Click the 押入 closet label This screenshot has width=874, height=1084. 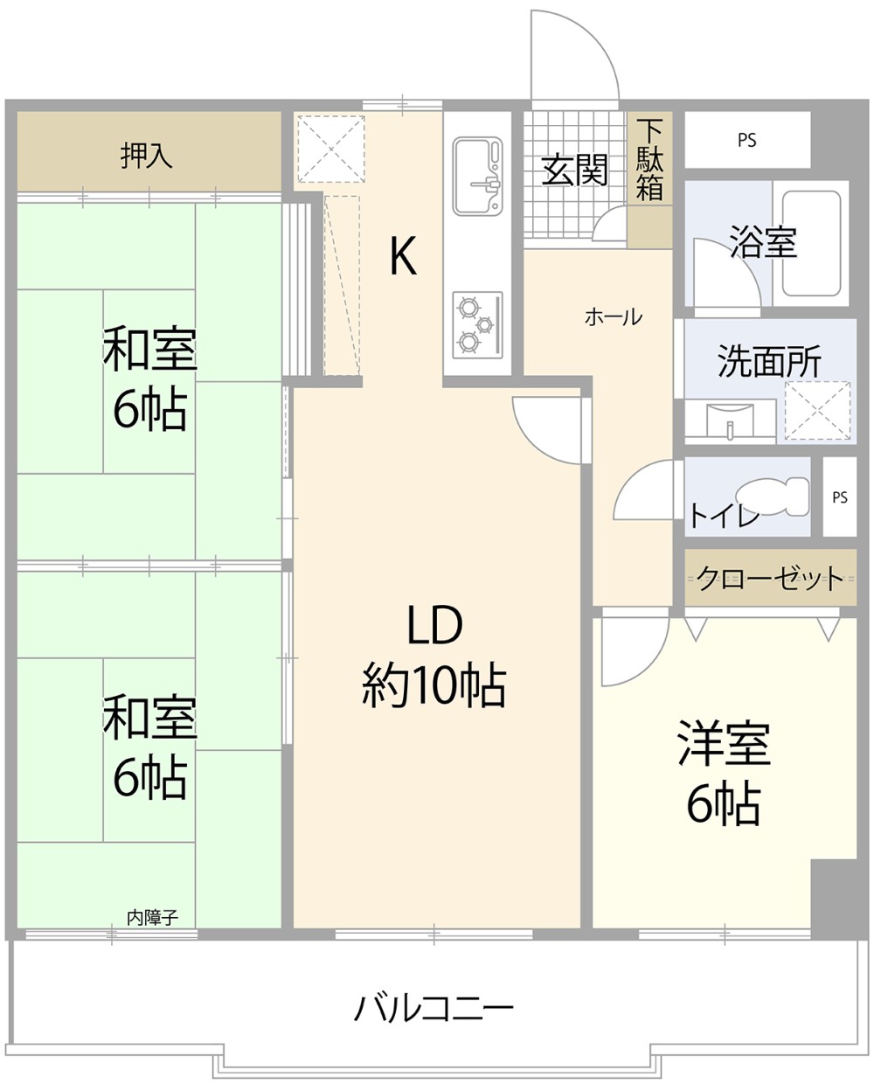click(147, 156)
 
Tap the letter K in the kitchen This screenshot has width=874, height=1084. click(402, 256)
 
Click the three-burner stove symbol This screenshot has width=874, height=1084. click(477, 323)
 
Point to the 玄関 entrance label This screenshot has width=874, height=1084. click(574, 170)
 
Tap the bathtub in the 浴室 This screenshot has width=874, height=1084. click(811, 243)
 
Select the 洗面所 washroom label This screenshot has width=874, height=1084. click(769, 361)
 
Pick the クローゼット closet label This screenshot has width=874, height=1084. click(770, 578)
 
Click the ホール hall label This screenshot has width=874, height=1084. click(613, 316)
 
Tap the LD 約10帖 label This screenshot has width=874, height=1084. click(434, 655)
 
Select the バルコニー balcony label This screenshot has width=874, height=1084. click(434, 1009)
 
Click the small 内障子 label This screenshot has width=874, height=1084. click(152, 918)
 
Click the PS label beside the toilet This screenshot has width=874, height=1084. click(840, 497)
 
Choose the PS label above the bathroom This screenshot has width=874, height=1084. click(746, 140)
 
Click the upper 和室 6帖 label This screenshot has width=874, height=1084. click(149, 378)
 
